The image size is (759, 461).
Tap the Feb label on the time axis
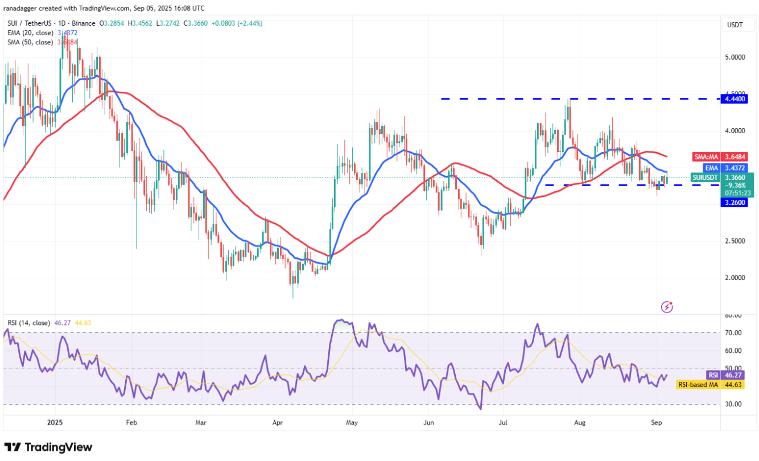tap(131, 423)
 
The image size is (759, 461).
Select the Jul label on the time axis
tap(502, 423)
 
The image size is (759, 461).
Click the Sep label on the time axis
tap(656, 423)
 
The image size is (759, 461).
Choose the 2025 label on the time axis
tap(55, 423)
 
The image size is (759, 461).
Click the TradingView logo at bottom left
tap(48, 447)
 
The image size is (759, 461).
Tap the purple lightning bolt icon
tap(667, 307)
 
